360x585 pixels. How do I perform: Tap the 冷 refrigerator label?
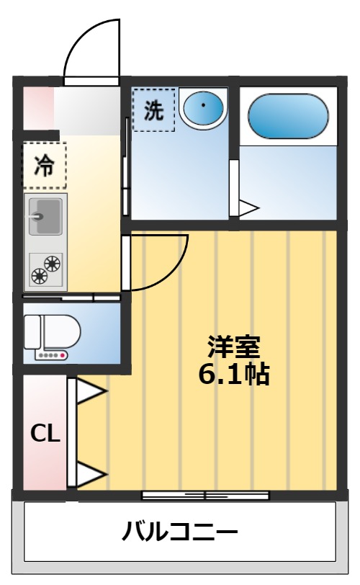(45, 165)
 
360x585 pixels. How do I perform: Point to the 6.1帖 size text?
(233, 375)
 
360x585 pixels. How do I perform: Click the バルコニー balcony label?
(179, 533)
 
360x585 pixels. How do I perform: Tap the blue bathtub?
(288, 115)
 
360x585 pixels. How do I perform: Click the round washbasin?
(203, 109)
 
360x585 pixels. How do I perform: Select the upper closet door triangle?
(90, 393)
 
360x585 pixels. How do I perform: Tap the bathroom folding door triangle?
(248, 209)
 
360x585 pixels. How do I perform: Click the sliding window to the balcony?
(205, 495)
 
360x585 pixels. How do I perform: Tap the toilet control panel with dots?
(52, 355)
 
